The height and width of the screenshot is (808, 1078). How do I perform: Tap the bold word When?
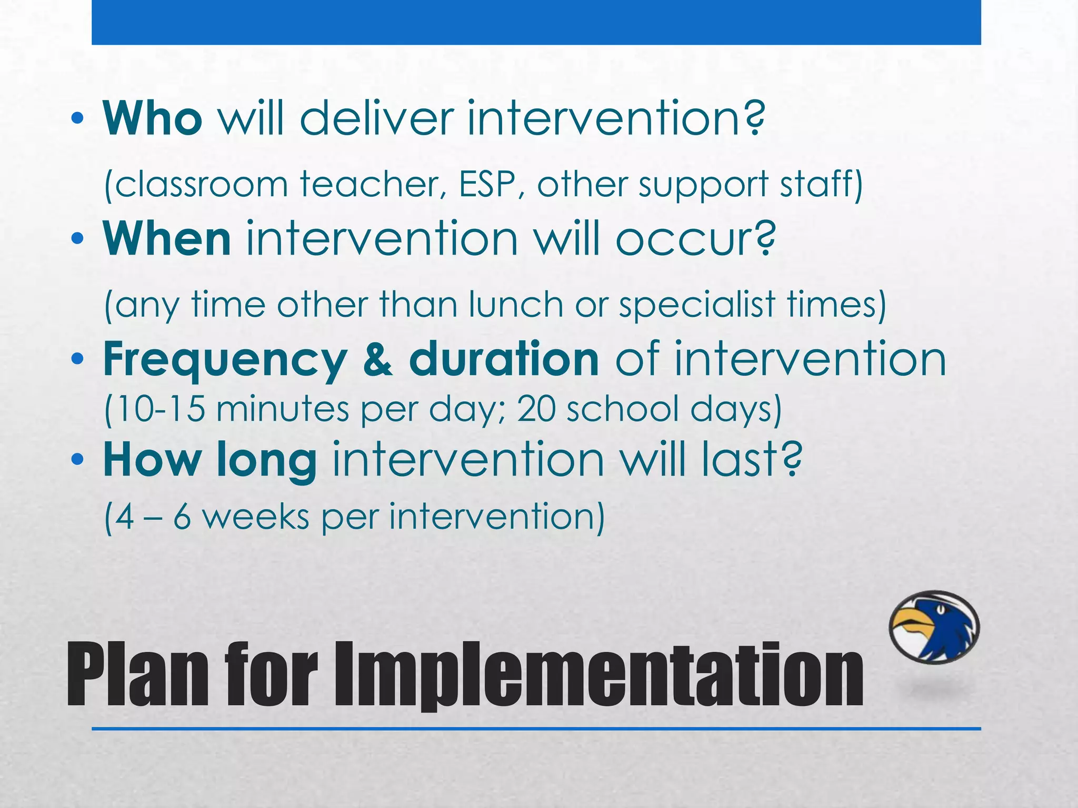pos(167,239)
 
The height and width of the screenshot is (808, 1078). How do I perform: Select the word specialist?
pos(697,306)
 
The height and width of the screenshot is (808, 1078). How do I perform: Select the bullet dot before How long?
pos(77,460)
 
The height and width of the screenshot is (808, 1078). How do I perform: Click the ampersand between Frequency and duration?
pos(377,360)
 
